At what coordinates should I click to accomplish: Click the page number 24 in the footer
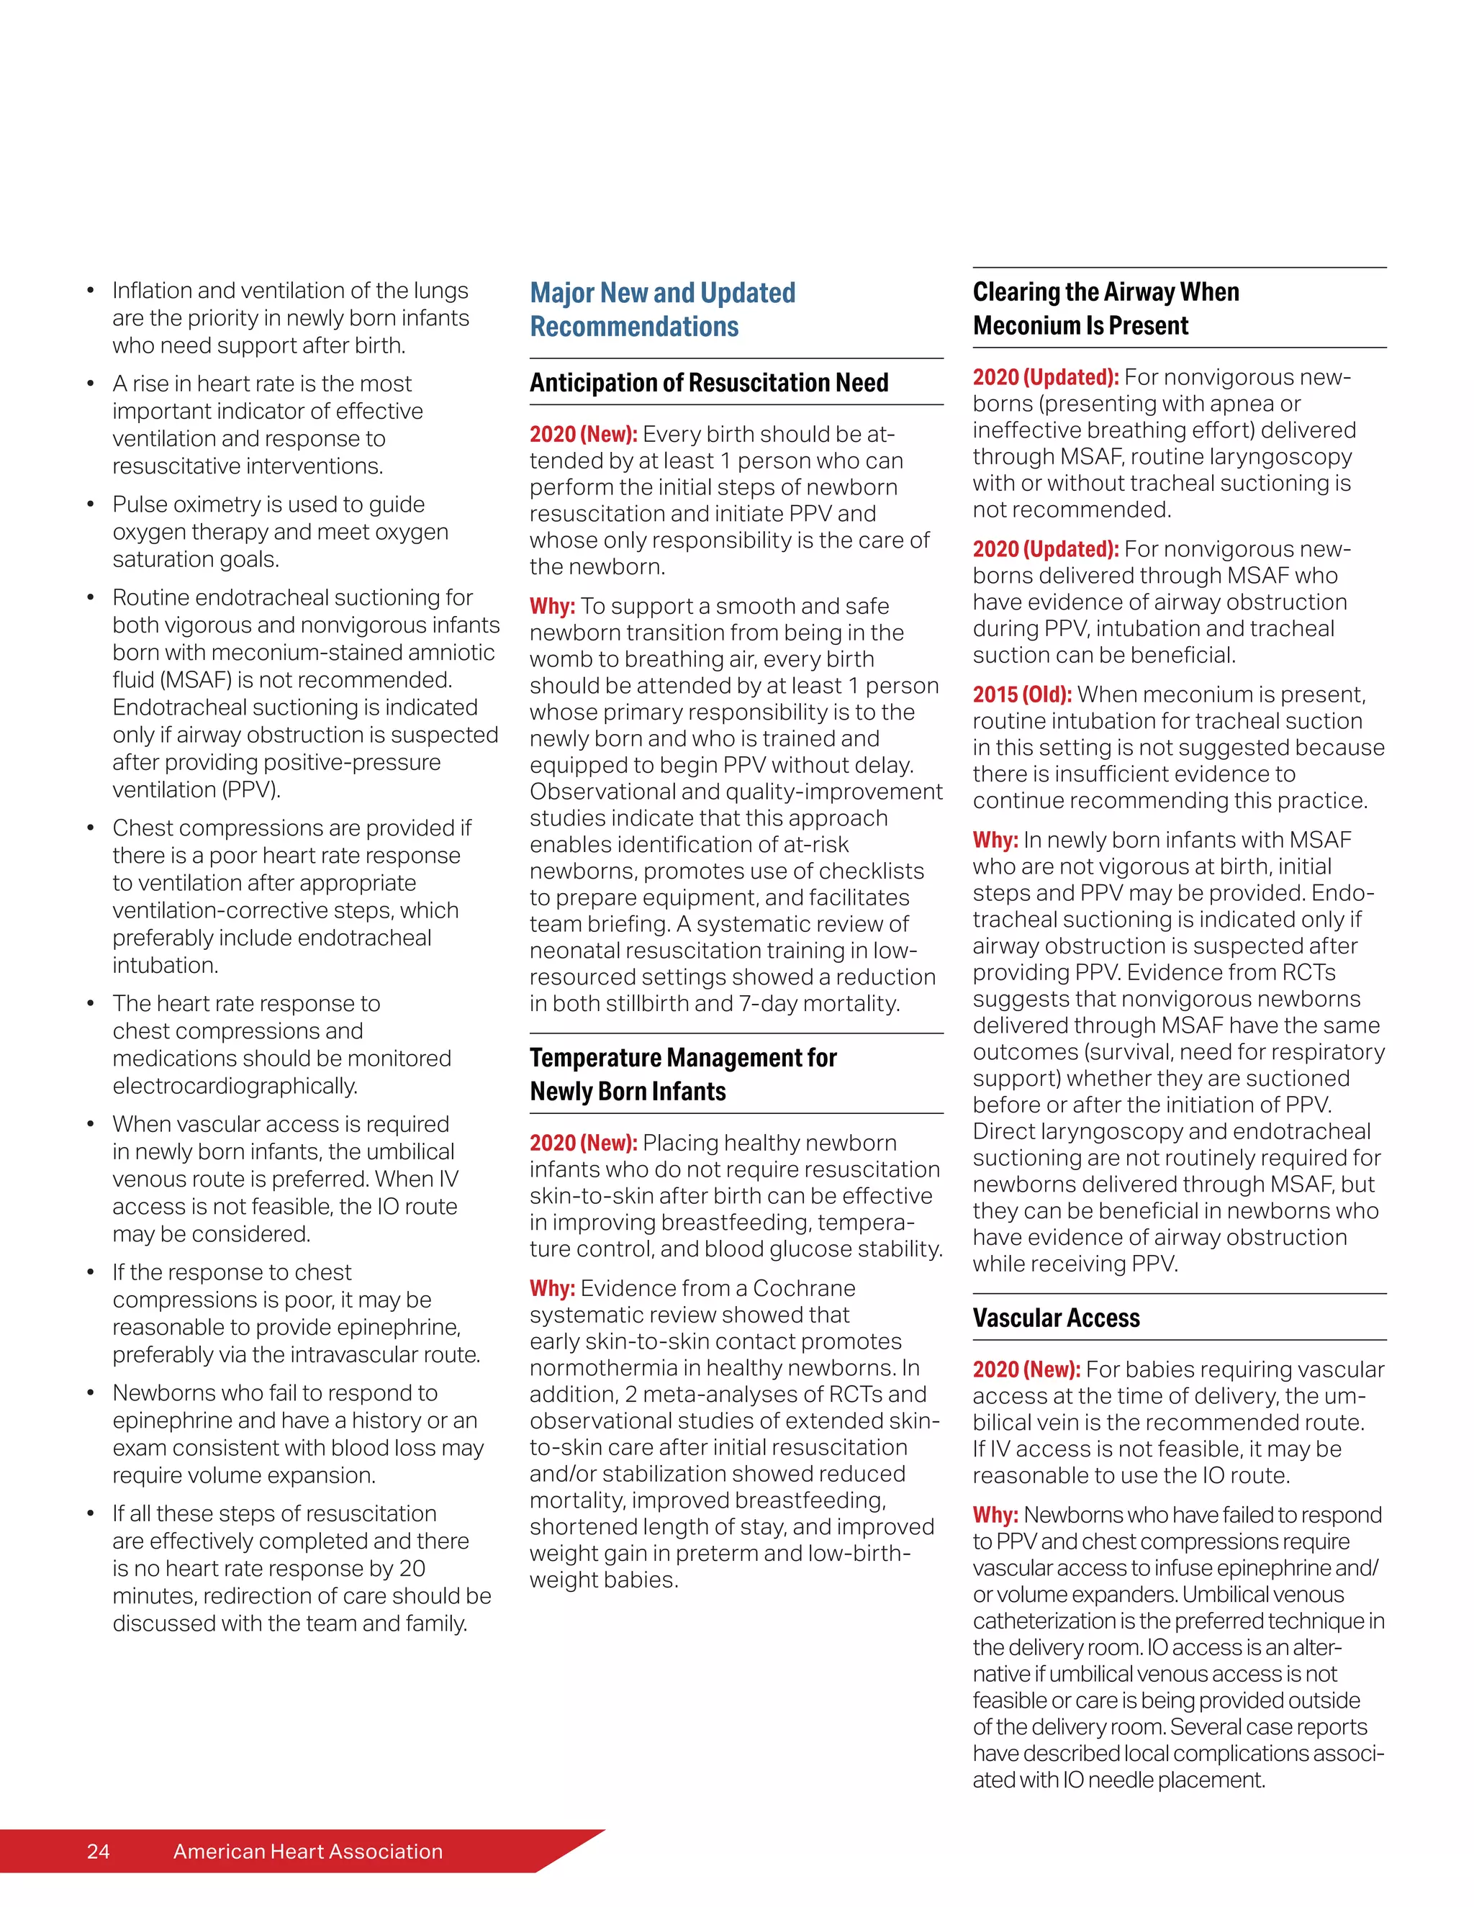tap(98, 1850)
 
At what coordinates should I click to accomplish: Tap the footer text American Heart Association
tap(307, 1850)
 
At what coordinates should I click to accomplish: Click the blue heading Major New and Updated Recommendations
tap(662, 309)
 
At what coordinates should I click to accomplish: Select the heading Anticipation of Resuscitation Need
tap(708, 382)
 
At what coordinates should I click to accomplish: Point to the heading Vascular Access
tap(1056, 1318)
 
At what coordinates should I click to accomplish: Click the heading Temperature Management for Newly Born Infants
tap(682, 1074)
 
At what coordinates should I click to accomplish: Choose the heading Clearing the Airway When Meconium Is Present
tap(1105, 308)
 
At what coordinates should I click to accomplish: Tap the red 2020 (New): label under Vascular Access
tap(1026, 1369)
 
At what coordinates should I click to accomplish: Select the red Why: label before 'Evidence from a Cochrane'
tap(552, 1288)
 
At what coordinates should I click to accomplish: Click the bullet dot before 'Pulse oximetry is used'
tap(90, 504)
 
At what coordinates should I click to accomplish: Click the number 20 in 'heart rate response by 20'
tap(412, 1567)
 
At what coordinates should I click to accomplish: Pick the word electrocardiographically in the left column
tap(235, 1085)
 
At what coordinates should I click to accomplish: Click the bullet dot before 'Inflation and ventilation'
tap(90, 291)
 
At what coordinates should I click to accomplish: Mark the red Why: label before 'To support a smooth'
tap(552, 606)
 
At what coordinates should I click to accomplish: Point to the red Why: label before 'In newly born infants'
tap(995, 840)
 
